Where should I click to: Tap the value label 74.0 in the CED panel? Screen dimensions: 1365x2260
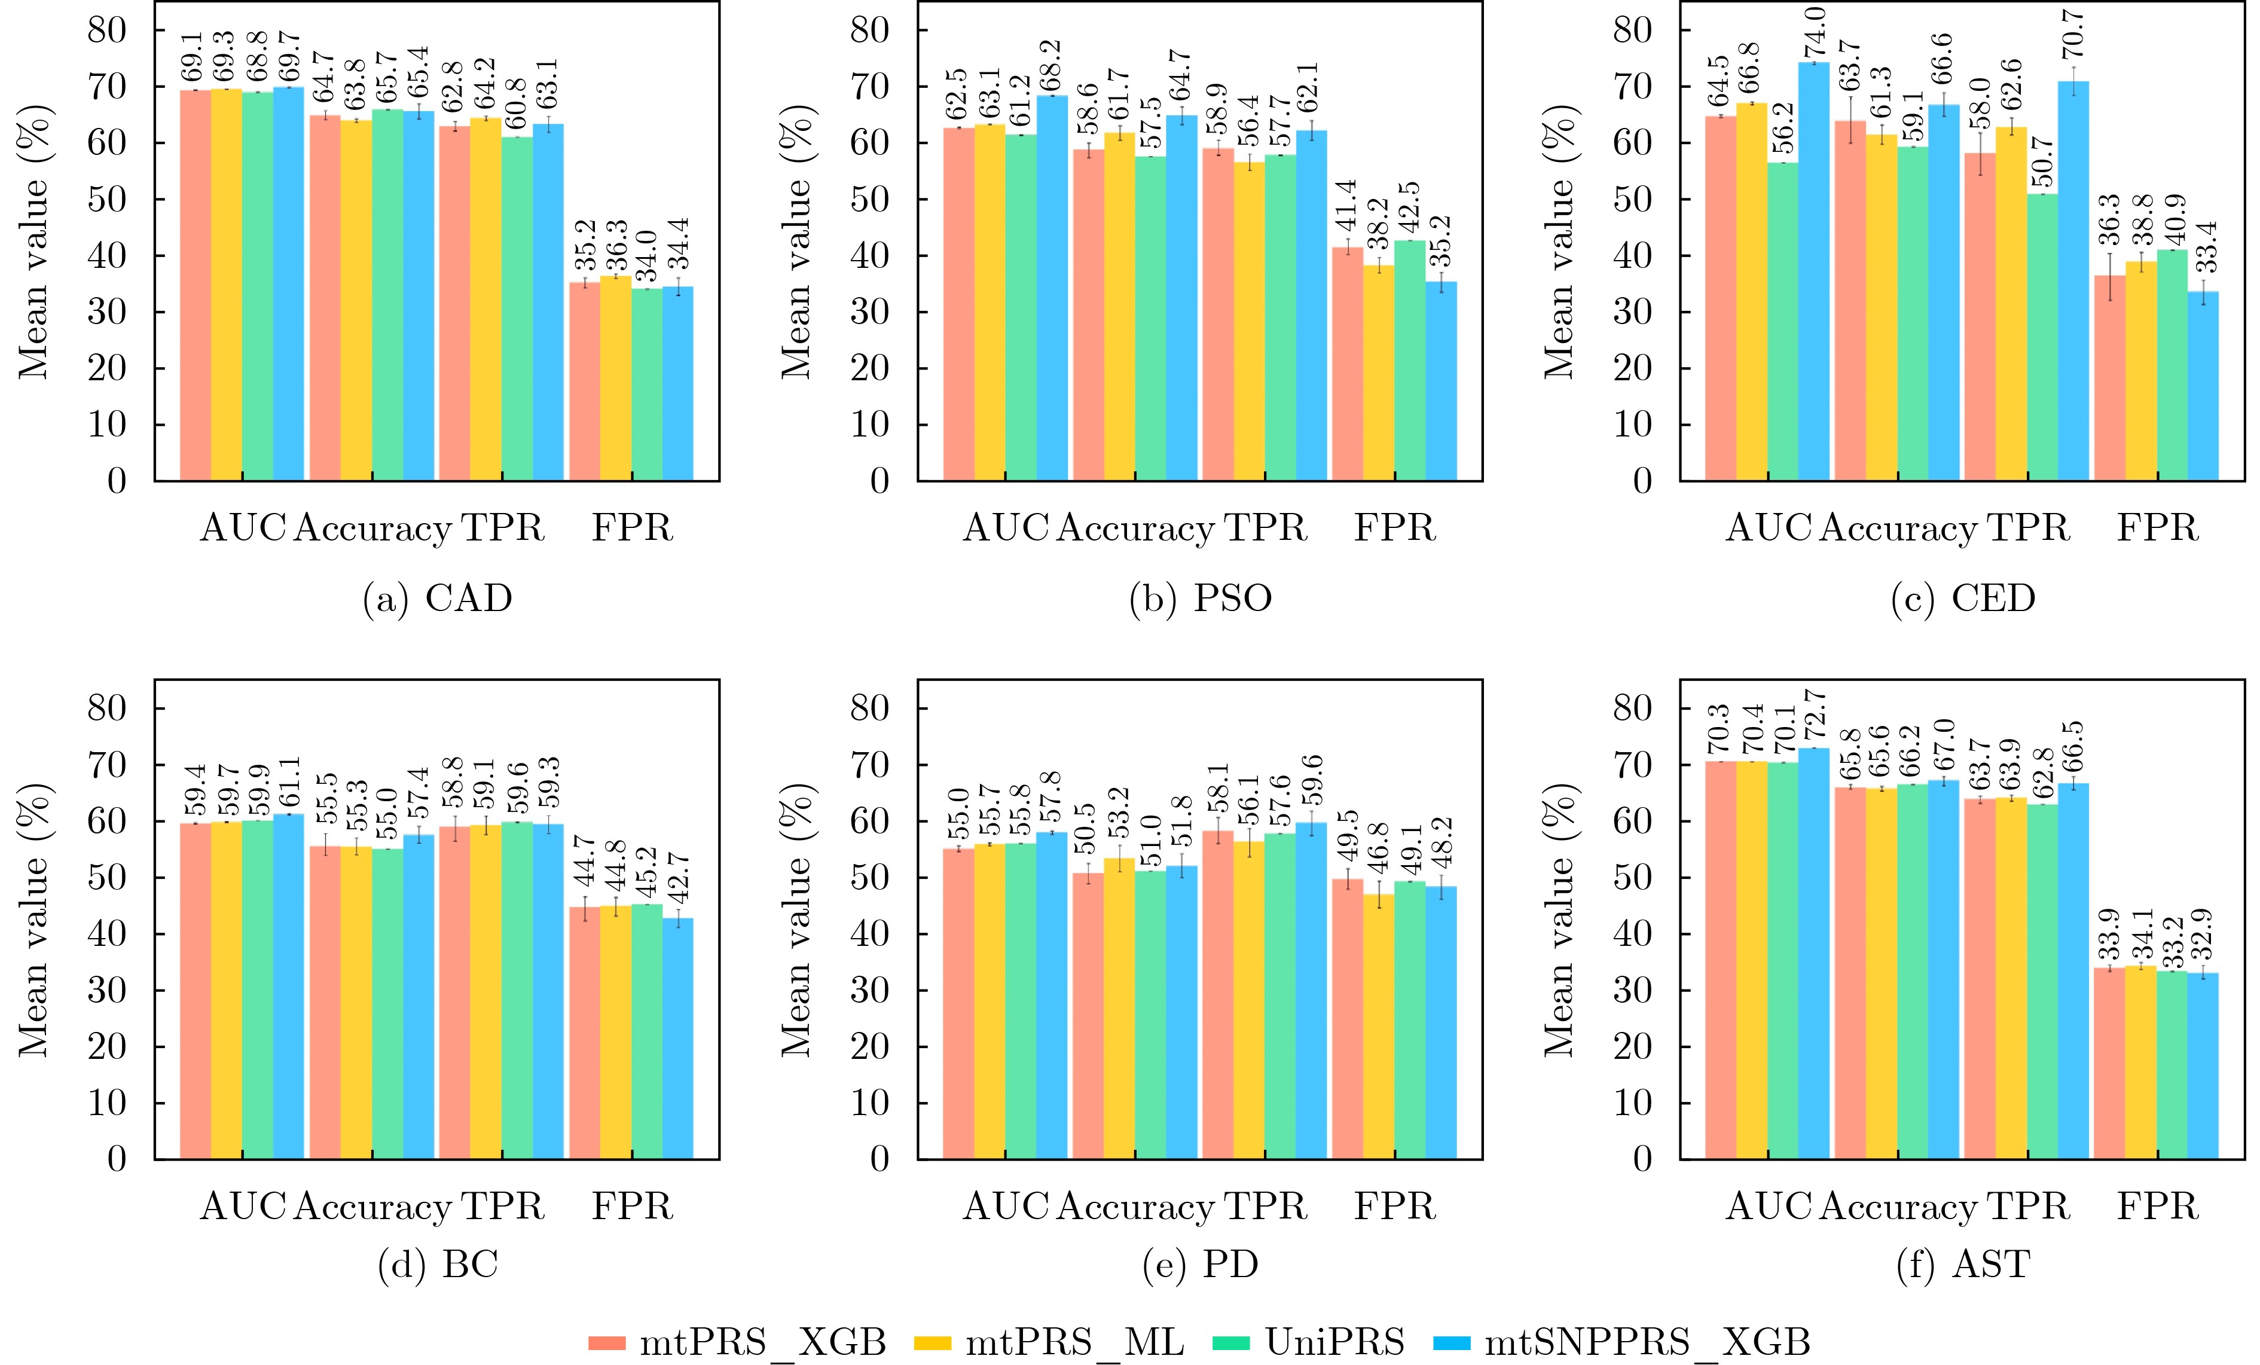tap(1814, 33)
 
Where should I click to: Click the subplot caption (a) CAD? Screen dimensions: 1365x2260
tap(438, 598)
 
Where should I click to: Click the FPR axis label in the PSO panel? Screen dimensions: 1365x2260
tap(1394, 529)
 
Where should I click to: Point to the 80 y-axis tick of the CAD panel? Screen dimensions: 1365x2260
tap(108, 30)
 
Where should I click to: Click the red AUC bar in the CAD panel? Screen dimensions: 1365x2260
tap(196, 285)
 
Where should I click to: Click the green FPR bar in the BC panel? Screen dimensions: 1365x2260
tap(647, 1032)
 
